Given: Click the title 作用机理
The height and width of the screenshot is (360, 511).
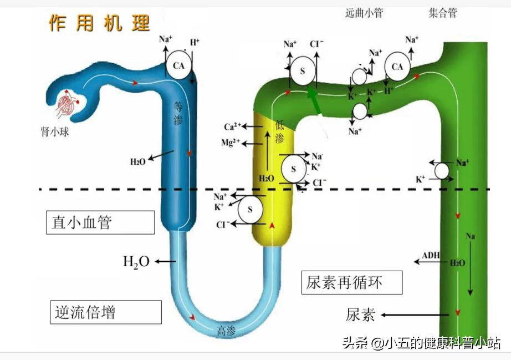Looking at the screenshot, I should [100, 23].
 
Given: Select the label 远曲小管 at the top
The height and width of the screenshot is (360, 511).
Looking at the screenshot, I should [364, 13].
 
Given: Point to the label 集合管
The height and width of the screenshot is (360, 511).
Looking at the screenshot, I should [443, 13].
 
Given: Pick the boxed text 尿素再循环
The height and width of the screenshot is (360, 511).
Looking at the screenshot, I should [352, 283].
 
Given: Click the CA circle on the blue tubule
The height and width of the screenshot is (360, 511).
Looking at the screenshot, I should [178, 65].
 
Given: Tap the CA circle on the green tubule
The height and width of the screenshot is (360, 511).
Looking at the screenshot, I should [397, 67].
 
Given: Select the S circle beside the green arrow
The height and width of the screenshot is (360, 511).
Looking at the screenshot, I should [303, 71].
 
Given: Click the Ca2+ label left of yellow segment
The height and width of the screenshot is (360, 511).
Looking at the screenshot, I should [232, 126].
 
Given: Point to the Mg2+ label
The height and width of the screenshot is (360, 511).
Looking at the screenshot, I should [231, 143].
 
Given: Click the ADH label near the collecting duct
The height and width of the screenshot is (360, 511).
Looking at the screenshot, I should [431, 255].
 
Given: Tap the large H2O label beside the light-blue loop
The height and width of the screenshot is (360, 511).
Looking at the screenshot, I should [136, 261].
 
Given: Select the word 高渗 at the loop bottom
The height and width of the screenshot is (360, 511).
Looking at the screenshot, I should [226, 332].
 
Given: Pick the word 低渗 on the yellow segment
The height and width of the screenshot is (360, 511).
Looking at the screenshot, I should [279, 131].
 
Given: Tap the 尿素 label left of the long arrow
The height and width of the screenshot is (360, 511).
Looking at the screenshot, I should [360, 315].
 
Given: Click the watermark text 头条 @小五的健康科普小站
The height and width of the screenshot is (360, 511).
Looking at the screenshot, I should [421, 343].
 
